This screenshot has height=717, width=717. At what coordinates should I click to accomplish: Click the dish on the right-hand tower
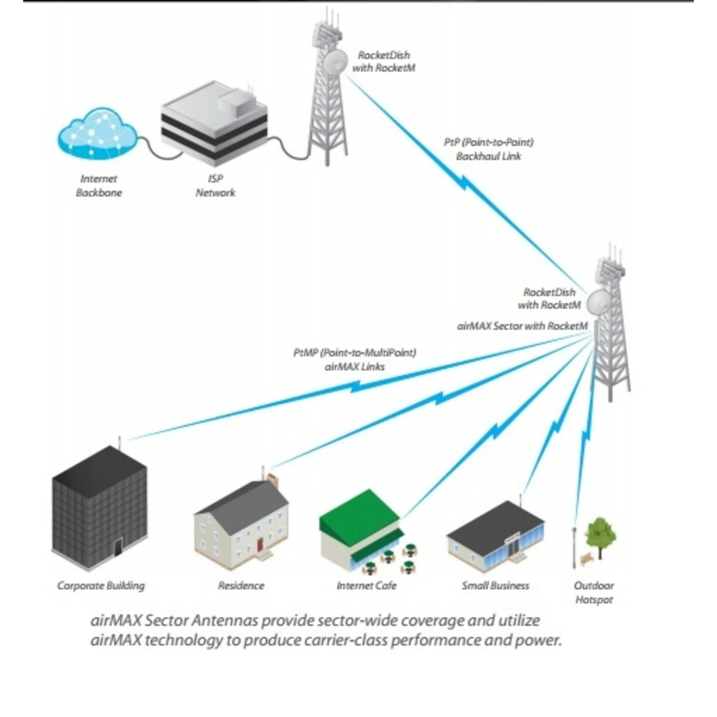point(599,302)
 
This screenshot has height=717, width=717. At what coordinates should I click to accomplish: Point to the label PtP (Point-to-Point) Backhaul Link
point(488,149)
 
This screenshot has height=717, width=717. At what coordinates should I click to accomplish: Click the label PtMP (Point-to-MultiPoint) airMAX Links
point(354,359)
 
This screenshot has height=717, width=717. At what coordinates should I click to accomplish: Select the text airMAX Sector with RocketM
point(522,326)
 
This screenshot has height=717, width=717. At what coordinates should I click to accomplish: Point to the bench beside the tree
point(587,559)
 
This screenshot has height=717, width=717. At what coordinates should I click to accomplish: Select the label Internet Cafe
point(366,585)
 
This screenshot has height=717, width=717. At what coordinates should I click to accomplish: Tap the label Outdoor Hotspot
point(594,592)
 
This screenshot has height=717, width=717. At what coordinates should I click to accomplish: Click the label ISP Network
point(215,186)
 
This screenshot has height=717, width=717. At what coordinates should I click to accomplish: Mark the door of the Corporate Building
point(118,548)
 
